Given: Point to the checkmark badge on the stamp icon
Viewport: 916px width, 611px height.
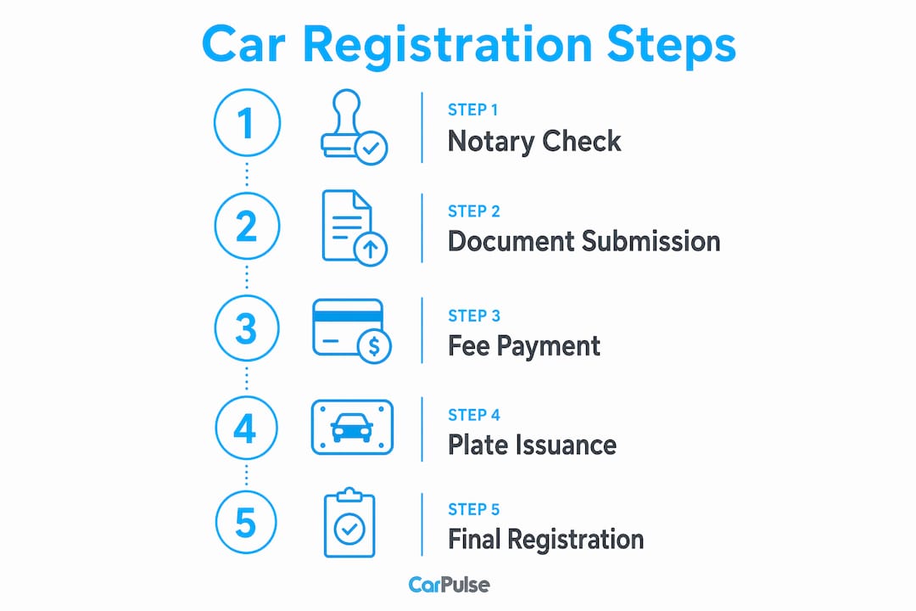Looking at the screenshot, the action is pos(371,149).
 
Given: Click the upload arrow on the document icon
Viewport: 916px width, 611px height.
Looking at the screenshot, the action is pos(371,249).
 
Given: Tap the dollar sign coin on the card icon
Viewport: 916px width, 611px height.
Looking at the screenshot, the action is pos(374,347).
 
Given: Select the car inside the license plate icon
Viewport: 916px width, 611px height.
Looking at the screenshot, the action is pos(352,428).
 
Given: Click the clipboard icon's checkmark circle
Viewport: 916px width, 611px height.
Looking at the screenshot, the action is pos(349,530).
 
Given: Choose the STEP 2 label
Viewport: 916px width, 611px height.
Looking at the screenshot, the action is pos(474,211).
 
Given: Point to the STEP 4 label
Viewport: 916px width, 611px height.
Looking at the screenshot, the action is pos(474,415).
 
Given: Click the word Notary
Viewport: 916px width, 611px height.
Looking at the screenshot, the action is pos(491,142).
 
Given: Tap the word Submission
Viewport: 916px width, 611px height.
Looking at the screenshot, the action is pos(651,242).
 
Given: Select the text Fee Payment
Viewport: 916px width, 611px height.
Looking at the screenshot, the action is pos(523,346).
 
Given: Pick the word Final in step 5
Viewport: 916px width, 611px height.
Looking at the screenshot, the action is pos(473,539).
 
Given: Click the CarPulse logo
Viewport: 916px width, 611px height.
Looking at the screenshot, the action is pos(450,585).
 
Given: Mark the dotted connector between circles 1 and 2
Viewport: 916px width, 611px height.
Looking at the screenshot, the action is pos(247,174).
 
